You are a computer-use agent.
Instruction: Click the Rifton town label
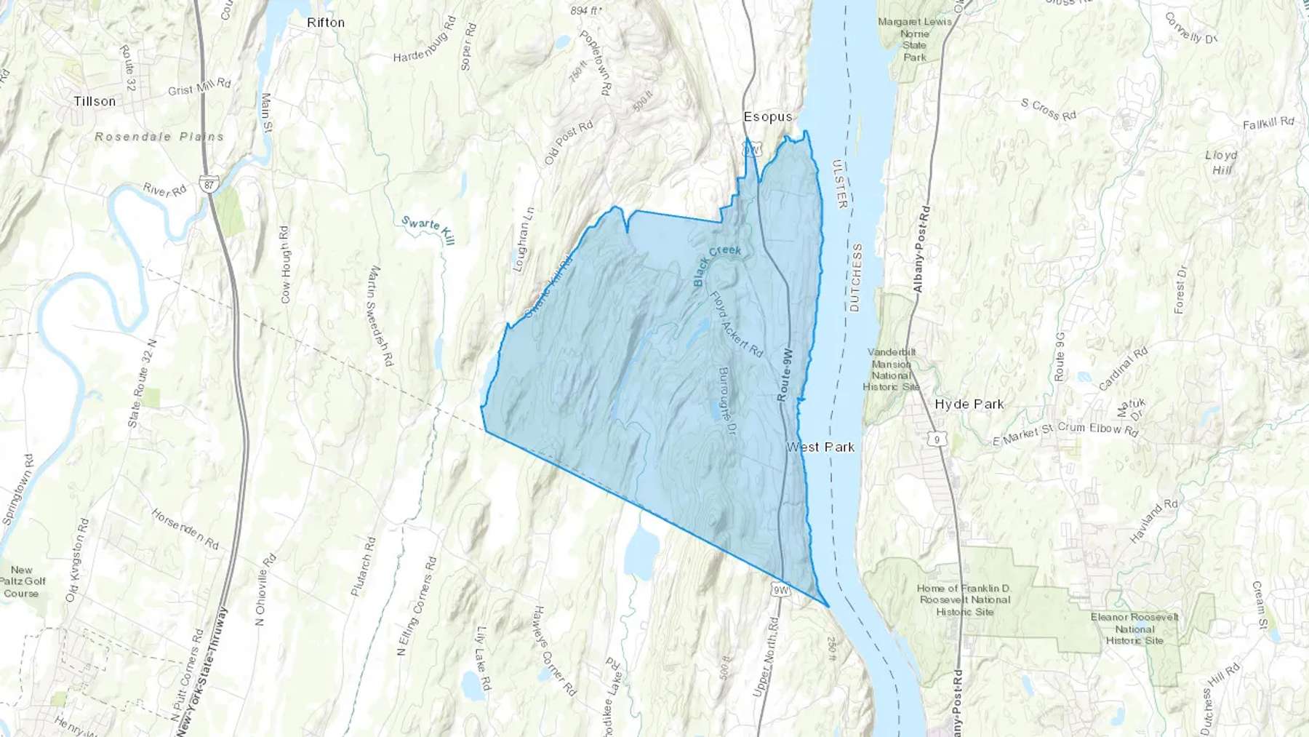[326, 23]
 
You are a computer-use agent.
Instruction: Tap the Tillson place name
[95, 101]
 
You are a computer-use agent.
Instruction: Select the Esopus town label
[768, 116]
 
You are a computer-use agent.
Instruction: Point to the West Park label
[820, 447]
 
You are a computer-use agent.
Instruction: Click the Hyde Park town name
[969, 404]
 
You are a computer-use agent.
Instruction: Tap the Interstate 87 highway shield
[209, 185]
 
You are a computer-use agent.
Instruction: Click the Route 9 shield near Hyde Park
[937, 439]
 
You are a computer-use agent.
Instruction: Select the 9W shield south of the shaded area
[780, 590]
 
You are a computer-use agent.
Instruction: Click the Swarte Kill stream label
[428, 230]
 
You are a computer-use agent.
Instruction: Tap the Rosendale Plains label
[159, 136]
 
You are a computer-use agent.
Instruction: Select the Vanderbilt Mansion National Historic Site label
[892, 369]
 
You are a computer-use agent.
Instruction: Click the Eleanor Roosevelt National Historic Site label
[1134, 629]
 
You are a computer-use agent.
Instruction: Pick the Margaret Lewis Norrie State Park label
[914, 39]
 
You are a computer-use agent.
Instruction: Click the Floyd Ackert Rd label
[736, 324]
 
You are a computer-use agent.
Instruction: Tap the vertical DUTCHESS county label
[855, 277]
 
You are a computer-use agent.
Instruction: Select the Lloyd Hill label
[1221, 162]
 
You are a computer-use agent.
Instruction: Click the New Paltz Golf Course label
[22, 581]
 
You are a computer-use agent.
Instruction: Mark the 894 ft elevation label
[586, 10]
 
